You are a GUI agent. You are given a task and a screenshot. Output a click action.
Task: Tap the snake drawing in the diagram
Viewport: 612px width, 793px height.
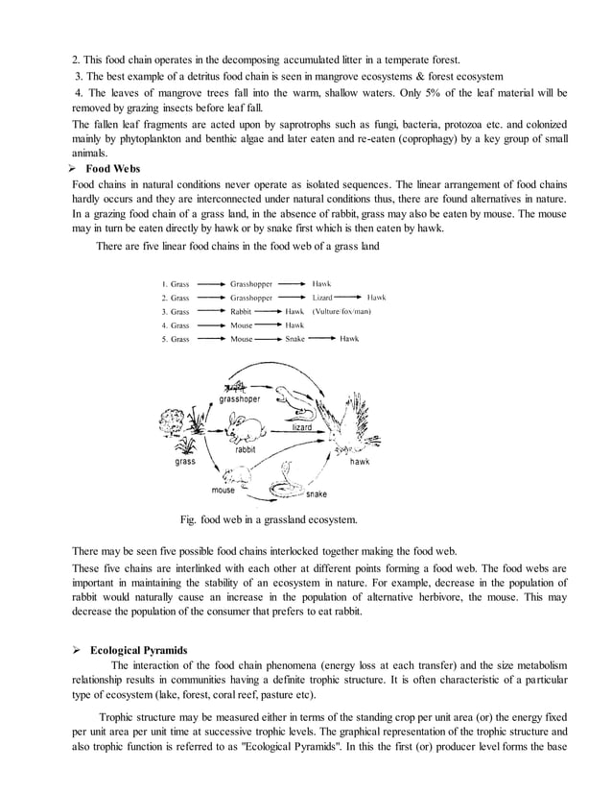(x=283, y=481)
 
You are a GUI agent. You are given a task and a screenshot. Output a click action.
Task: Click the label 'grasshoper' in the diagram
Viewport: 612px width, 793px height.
(x=240, y=398)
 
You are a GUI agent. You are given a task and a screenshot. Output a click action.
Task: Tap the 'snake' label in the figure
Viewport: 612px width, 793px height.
(x=316, y=494)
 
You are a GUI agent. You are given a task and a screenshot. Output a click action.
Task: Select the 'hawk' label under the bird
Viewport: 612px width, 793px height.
(x=360, y=462)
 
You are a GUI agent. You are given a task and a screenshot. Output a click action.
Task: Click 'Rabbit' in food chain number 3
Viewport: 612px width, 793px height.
(x=241, y=311)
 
